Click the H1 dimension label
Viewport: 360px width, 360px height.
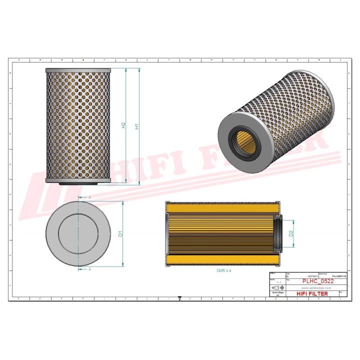coord(137,127)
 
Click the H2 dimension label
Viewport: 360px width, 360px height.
coord(123,125)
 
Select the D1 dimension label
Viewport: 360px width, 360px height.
coord(120,233)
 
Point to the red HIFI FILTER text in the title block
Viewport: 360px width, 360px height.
coord(312,293)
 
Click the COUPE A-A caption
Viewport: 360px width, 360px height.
coord(223,270)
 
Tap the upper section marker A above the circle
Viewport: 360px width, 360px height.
coord(89,198)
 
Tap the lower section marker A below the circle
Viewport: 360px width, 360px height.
coord(89,269)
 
